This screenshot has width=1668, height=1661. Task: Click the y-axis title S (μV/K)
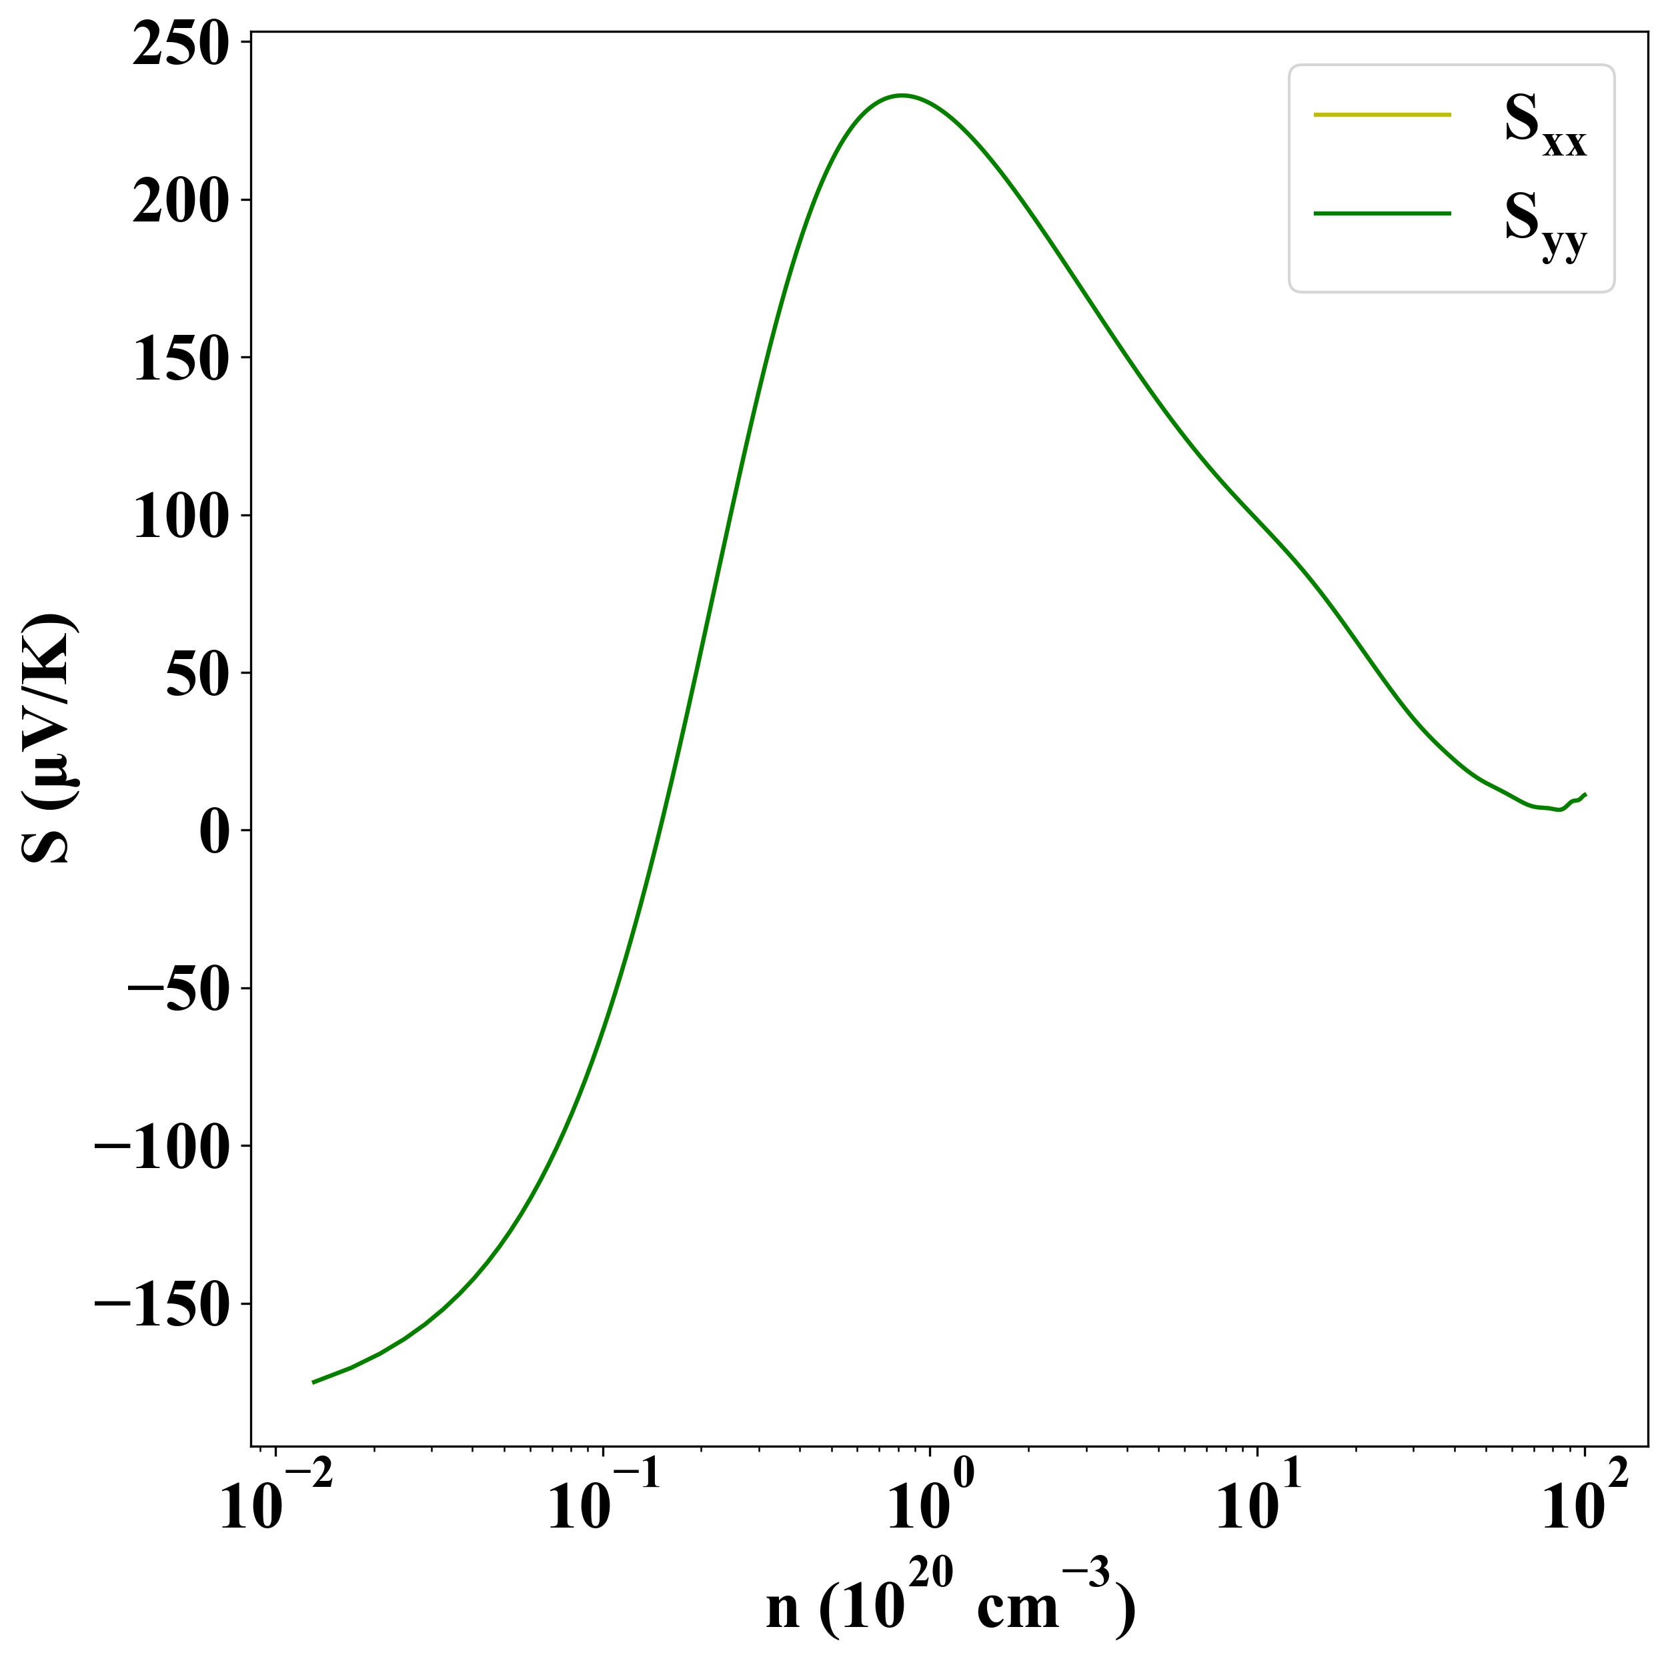point(47,738)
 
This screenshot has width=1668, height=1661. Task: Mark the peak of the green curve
point(902,95)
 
